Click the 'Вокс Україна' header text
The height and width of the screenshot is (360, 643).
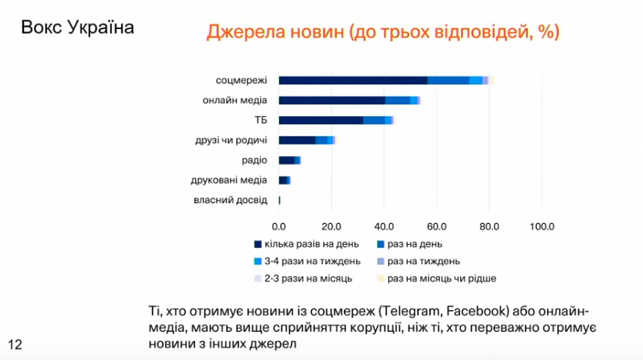[x=78, y=26]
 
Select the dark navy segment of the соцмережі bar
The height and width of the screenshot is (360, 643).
[x=353, y=81]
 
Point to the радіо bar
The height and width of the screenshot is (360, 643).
[x=288, y=160]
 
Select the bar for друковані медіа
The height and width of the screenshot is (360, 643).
[x=284, y=180]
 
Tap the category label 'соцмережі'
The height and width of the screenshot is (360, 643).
[x=241, y=81]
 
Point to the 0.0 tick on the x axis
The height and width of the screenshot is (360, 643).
[x=279, y=226]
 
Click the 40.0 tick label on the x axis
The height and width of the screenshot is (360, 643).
[x=384, y=226]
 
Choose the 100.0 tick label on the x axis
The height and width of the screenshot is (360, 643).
[x=540, y=226]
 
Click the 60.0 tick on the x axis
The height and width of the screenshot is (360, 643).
[x=436, y=226]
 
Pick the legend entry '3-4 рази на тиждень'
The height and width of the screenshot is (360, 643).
[x=307, y=262]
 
